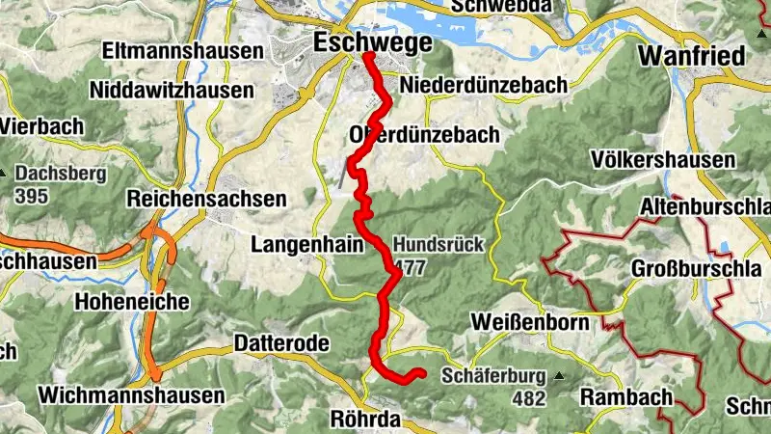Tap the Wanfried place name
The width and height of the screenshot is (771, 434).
[693, 56]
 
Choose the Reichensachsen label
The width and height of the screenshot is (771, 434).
[207, 200]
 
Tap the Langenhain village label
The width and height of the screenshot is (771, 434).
[306, 245]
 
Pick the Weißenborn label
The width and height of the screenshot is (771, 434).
[530, 321]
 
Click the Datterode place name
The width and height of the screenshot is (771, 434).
[282, 343]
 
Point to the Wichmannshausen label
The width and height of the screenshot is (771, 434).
[131, 395]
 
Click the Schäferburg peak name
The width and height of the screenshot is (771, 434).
[493, 376]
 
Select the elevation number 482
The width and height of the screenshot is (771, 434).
[529, 397]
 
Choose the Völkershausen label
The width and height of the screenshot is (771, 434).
[665, 159]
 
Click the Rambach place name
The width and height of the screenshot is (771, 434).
[625, 397]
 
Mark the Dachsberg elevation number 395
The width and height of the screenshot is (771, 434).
[32, 195]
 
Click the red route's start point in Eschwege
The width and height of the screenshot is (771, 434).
[368, 56]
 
